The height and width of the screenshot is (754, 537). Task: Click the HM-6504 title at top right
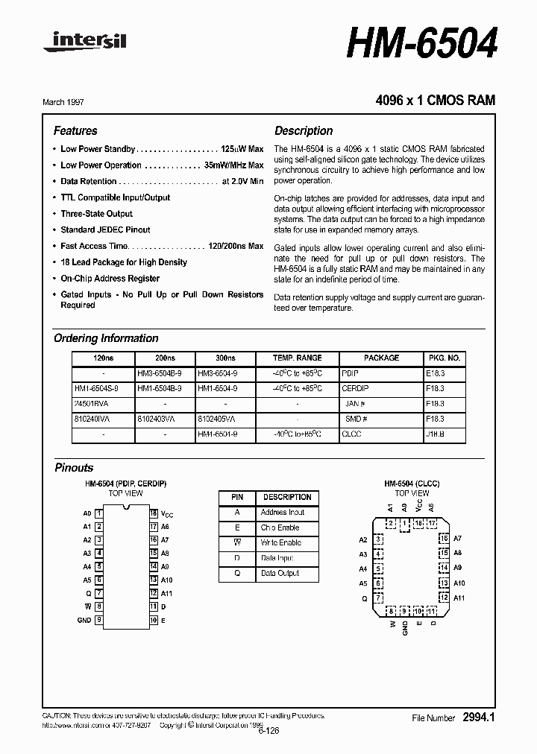pyautogui.click(x=421, y=44)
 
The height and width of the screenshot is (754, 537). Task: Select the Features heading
pyautogui.click(x=75, y=130)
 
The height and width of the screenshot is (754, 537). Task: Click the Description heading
pyautogui.click(x=304, y=130)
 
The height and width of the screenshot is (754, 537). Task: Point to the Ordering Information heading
pyautogui.click(x=106, y=338)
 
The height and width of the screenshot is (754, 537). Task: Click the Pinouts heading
pyautogui.click(x=74, y=468)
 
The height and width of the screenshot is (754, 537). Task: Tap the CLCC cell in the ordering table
pyautogui.click(x=351, y=433)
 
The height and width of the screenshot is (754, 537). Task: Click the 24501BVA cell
pyautogui.click(x=92, y=403)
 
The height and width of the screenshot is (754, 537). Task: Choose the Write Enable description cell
pyautogui.click(x=280, y=543)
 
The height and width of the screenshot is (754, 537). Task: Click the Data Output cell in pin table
pyautogui.click(x=280, y=574)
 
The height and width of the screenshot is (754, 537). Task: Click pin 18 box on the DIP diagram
pyautogui.click(x=154, y=513)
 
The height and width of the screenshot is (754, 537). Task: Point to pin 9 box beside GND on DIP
pyautogui.click(x=99, y=620)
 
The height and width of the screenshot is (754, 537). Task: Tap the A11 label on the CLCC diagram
pyautogui.click(x=459, y=598)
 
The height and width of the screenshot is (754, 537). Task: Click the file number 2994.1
pyautogui.click(x=479, y=717)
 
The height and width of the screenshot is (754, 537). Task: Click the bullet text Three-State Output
pyautogui.click(x=97, y=214)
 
